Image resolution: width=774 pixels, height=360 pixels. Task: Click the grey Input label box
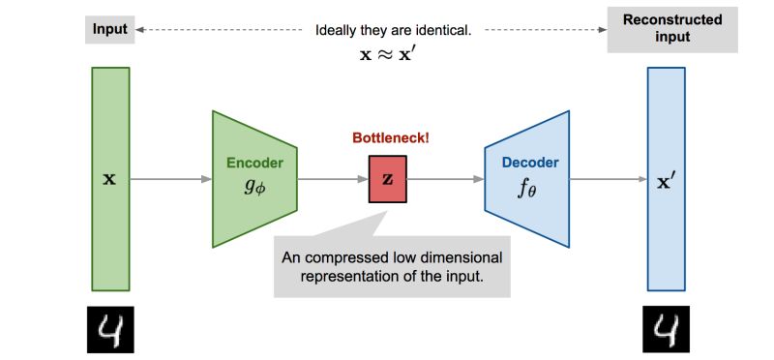(x=109, y=29)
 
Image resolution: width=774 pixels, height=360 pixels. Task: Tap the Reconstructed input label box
(x=657, y=29)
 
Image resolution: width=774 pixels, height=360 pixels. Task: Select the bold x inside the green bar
(x=109, y=179)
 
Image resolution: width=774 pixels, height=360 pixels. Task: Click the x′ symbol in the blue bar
(x=667, y=179)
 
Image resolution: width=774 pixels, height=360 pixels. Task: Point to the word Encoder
(x=254, y=163)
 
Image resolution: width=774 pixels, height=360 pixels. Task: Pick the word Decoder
(x=529, y=163)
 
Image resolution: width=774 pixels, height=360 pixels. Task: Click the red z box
(x=388, y=180)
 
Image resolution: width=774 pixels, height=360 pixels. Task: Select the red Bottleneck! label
(x=390, y=138)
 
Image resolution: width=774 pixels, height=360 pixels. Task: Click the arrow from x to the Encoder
(x=170, y=179)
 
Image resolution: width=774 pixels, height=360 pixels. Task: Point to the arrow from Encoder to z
(x=332, y=179)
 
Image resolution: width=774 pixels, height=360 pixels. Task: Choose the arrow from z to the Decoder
(x=446, y=179)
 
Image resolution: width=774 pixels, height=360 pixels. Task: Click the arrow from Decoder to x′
(x=609, y=179)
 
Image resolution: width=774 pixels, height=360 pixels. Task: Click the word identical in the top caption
(x=441, y=30)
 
